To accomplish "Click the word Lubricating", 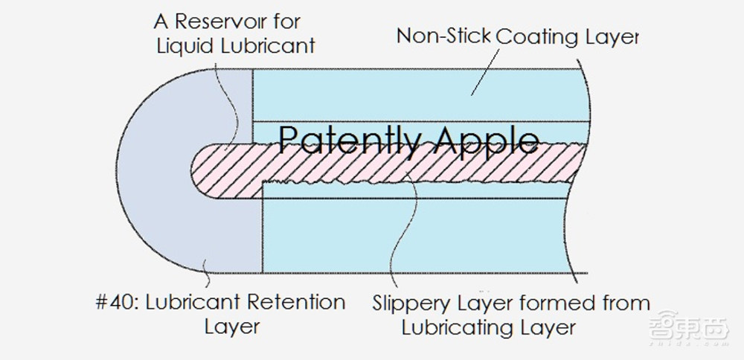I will click(464, 327).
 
